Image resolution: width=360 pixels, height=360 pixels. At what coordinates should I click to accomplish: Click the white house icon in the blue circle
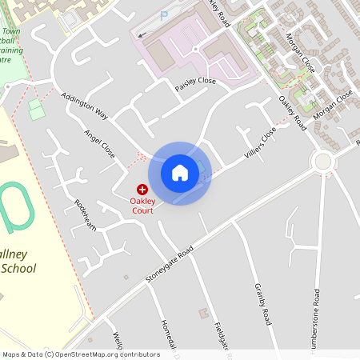click(x=180, y=172)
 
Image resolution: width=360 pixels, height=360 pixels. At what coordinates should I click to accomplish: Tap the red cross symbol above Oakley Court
click(x=142, y=190)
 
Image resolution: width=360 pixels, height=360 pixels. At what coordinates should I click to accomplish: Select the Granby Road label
click(x=264, y=302)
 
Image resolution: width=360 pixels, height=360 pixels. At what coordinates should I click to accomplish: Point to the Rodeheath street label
click(x=86, y=215)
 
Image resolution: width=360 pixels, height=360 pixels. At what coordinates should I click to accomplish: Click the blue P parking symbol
click(x=165, y=15)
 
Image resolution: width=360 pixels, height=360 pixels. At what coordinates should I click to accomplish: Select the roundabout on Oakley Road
click(x=322, y=161)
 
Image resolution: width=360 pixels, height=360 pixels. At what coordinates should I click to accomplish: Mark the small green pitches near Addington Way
click(x=37, y=109)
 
